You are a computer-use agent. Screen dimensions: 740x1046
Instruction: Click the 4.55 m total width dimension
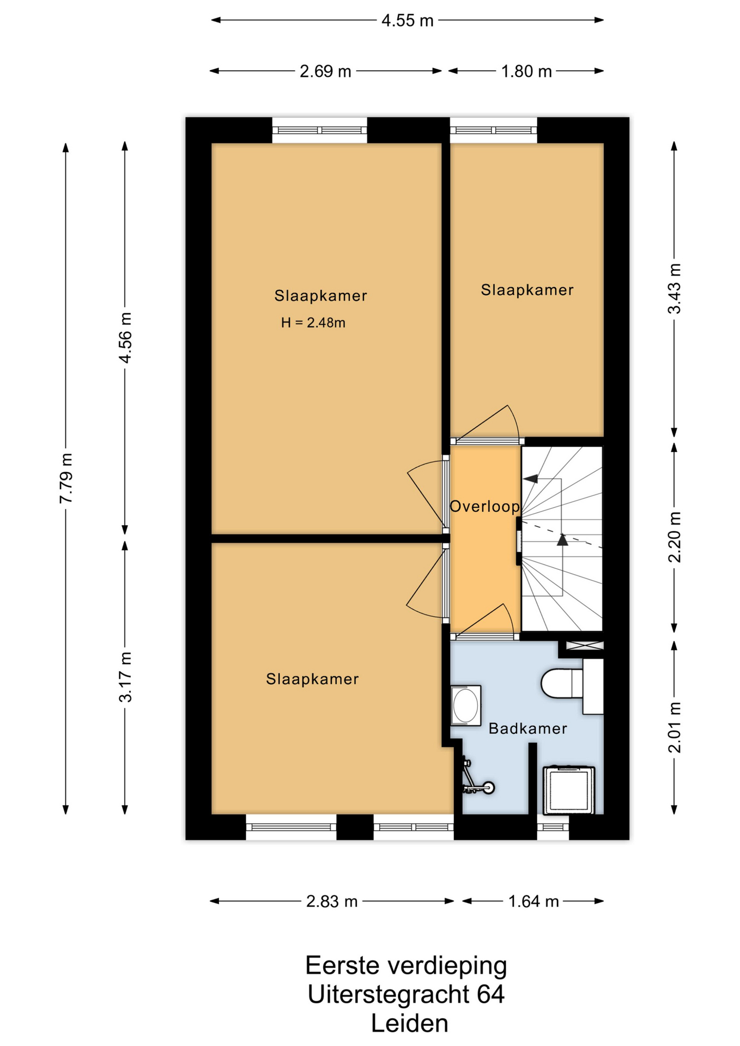point(408,21)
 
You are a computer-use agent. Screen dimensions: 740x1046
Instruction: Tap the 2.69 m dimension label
point(325,71)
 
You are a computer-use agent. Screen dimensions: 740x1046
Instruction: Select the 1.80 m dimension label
point(526,71)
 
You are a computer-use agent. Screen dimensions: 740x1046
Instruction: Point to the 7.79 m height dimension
point(66,478)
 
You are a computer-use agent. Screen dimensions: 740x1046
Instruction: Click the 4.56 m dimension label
point(125,338)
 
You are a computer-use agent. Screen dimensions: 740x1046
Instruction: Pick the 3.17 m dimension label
point(125,677)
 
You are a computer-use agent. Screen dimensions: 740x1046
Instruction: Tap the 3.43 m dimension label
point(675,289)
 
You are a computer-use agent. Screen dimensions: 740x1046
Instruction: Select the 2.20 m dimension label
point(675,537)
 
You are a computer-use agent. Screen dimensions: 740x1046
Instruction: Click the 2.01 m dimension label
point(675,727)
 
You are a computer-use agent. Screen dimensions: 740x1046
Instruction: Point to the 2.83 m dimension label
point(332,902)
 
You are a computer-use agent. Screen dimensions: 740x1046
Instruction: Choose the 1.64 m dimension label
point(533,902)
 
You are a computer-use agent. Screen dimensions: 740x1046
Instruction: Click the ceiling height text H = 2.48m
point(313,323)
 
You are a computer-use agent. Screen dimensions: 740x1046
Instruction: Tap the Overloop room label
point(484,507)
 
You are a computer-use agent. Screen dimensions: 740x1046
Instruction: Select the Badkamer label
point(527,728)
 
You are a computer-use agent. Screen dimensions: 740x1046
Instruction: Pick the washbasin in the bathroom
point(465,706)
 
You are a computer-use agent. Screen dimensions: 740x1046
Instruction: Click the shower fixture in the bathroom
point(476,778)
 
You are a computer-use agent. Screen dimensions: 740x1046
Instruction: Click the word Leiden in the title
point(410,1024)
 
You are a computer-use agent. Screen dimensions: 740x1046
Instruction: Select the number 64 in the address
point(490,994)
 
